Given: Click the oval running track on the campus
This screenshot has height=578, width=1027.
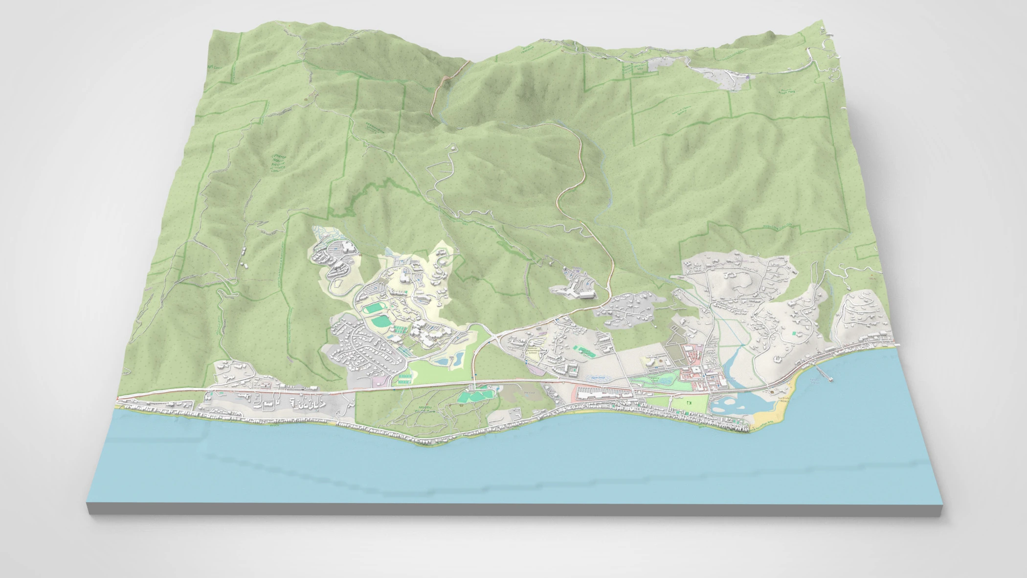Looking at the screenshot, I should click(374, 309).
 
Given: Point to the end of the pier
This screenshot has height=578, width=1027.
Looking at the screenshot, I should click(832, 380).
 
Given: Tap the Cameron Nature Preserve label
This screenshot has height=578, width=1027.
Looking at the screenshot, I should click(279, 164).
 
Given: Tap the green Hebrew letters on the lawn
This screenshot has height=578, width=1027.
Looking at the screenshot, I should click(689, 403).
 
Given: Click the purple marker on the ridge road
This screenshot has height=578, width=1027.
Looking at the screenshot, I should click(748, 76).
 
